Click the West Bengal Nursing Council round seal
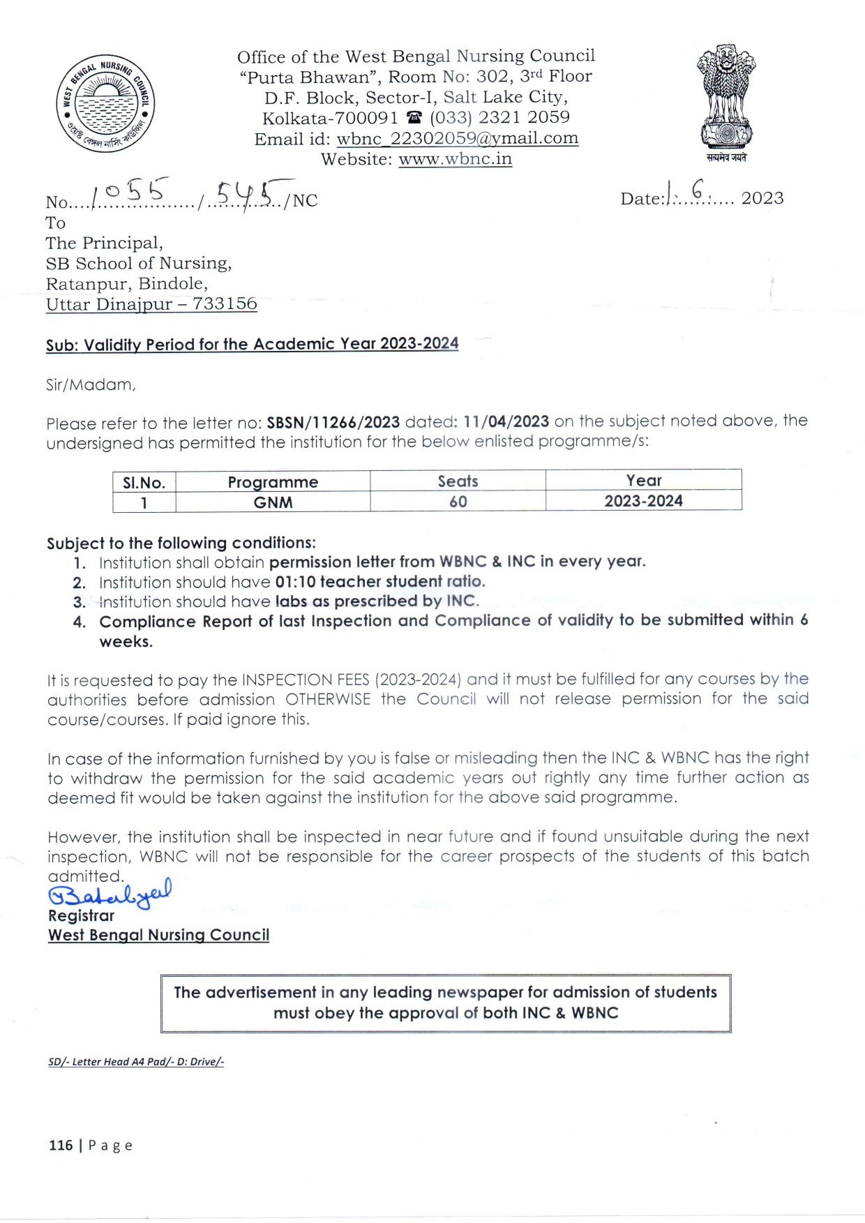pyautogui.click(x=105, y=103)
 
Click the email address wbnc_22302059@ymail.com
pyautogui.click(x=457, y=138)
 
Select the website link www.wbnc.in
pyautogui.click(x=455, y=159)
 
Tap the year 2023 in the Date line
pyautogui.click(x=762, y=198)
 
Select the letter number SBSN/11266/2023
pyautogui.click(x=333, y=422)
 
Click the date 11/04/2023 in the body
pyautogui.click(x=506, y=421)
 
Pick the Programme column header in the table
pyautogui.click(x=273, y=482)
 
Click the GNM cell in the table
pyautogui.click(x=273, y=502)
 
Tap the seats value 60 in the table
pyautogui.click(x=458, y=502)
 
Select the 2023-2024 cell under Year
pyautogui.click(x=643, y=501)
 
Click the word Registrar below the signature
pyautogui.click(x=81, y=916)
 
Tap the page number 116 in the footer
pyautogui.click(x=61, y=1145)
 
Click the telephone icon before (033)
pyautogui.click(x=414, y=118)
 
